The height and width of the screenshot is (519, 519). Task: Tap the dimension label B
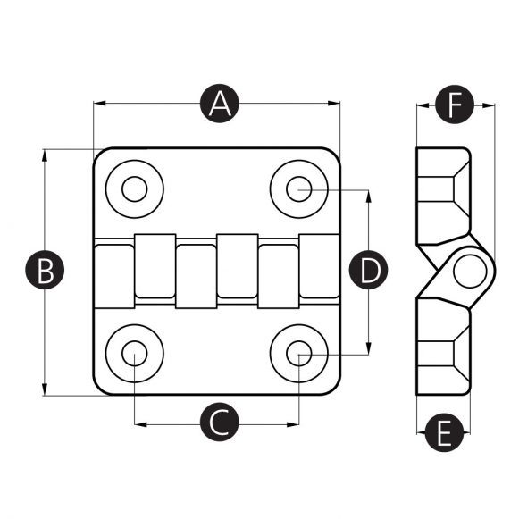45,271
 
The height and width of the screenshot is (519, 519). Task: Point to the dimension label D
368,271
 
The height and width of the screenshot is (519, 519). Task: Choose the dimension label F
454,106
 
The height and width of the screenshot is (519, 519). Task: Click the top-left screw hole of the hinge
135,189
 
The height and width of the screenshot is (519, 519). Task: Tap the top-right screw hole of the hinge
299,189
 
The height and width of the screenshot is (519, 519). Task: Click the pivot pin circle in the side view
467,272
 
